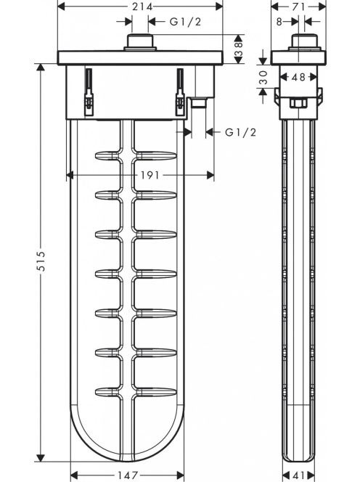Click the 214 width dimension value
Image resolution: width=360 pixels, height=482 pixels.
(142, 7)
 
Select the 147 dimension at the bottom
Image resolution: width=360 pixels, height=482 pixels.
(128, 475)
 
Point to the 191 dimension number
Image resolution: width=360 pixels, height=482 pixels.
(150, 175)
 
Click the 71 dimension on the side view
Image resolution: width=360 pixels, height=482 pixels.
(298, 7)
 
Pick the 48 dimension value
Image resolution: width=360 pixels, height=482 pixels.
(298, 77)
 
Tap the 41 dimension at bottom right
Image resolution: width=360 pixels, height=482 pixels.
(298, 475)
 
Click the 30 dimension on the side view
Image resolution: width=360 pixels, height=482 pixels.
(263, 77)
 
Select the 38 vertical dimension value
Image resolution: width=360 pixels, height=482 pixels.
(239, 49)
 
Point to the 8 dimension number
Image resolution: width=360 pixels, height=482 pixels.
(279, 22)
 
